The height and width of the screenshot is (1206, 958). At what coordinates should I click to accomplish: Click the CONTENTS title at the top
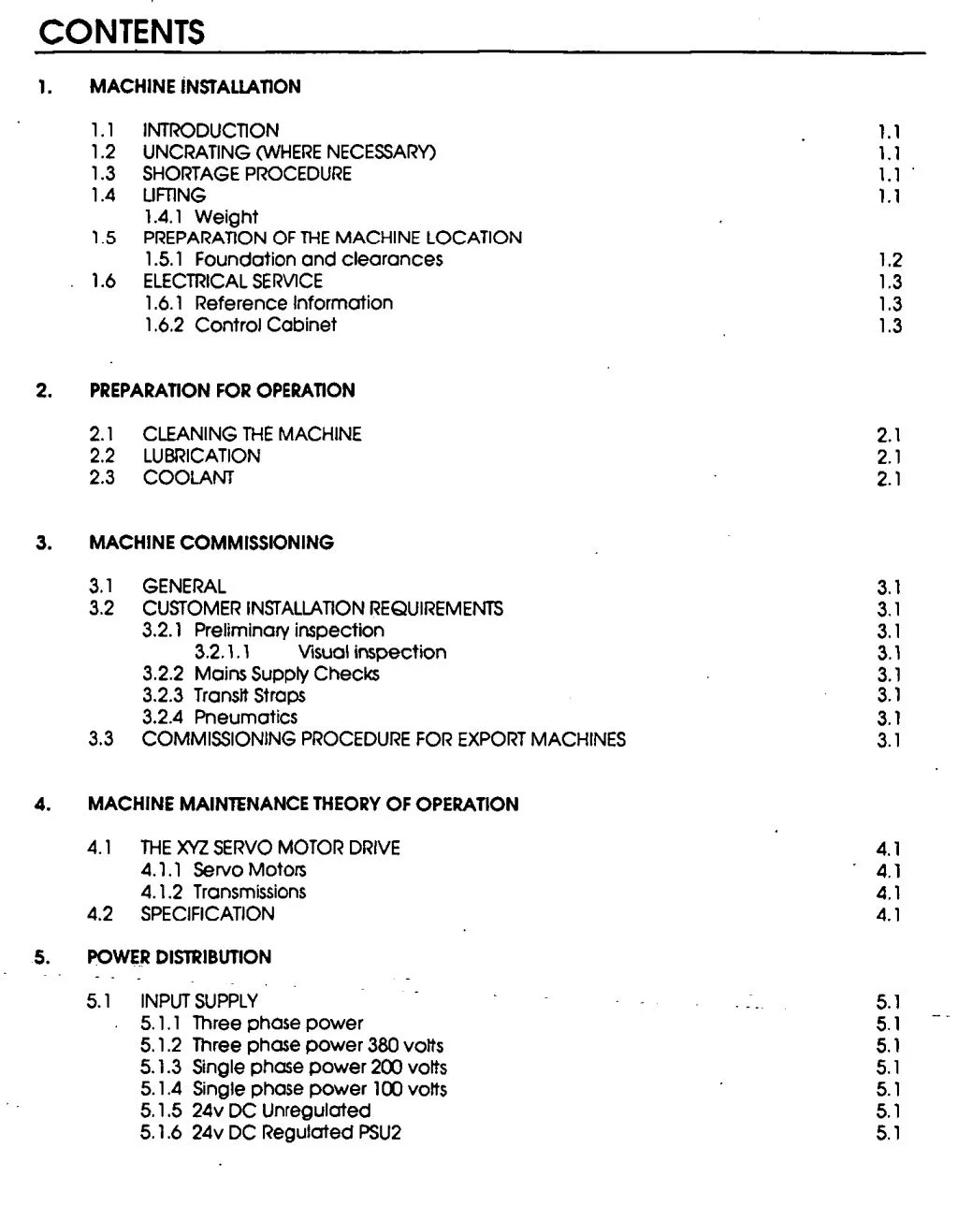[122, 33]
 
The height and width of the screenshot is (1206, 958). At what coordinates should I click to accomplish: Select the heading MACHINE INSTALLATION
[195, 87]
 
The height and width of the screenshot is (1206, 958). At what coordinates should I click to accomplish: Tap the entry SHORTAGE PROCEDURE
[246, 174]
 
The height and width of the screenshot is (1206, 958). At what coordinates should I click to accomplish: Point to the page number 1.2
[890, 261]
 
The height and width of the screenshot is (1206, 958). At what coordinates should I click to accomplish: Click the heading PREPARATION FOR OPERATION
[222, 391]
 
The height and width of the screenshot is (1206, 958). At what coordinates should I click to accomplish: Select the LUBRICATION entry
[201, 457]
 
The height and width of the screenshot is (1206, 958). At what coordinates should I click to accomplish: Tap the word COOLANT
[188, 478]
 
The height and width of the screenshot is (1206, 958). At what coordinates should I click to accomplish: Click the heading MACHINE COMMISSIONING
[210, 544]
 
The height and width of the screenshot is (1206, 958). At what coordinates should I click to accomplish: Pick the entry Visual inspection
[371, 653]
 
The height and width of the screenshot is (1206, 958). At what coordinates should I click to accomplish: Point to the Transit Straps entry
[249, 696]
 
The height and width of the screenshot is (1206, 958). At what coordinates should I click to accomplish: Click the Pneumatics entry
[245, 718]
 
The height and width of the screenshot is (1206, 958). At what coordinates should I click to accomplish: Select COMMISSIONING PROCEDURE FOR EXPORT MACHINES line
[384, 740]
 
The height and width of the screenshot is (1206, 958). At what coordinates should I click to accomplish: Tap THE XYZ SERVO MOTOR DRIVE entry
[269, 849]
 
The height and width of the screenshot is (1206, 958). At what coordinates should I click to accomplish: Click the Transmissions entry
[249, 893]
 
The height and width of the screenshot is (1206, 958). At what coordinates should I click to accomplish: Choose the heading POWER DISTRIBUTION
[179, 958]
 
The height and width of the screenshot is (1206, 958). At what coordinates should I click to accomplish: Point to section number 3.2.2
[162, 675]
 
